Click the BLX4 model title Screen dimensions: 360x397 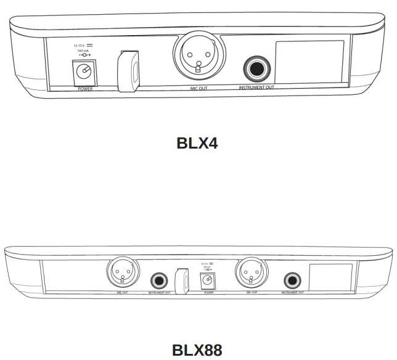(x=197, y=143)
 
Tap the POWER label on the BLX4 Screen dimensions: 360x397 (x=84, y=89)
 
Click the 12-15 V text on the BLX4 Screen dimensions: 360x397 (x=78, y=46)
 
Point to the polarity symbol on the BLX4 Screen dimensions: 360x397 (x=84, y=56)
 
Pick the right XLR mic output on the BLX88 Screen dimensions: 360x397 (x=250, y=271)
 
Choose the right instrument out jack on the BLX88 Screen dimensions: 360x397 (x=292, y=280)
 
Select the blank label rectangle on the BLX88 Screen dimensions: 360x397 (x=330, y=277)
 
